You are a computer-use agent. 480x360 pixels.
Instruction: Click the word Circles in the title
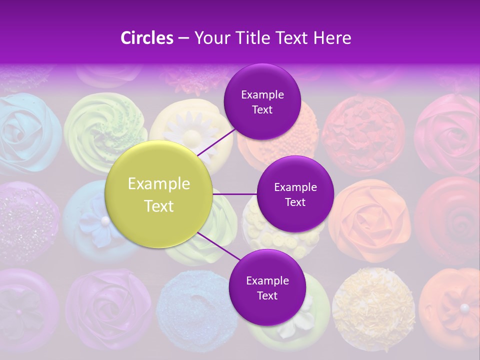146,38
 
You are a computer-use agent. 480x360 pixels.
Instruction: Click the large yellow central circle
159,195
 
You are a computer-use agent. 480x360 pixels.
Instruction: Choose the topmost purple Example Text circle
262,101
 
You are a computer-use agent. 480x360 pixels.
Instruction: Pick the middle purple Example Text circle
295,194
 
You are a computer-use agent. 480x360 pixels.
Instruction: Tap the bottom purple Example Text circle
267,287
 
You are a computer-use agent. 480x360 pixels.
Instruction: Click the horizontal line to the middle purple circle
235,194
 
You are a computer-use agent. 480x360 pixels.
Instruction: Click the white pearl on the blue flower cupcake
105,220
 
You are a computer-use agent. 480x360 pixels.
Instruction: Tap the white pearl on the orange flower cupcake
464,307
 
